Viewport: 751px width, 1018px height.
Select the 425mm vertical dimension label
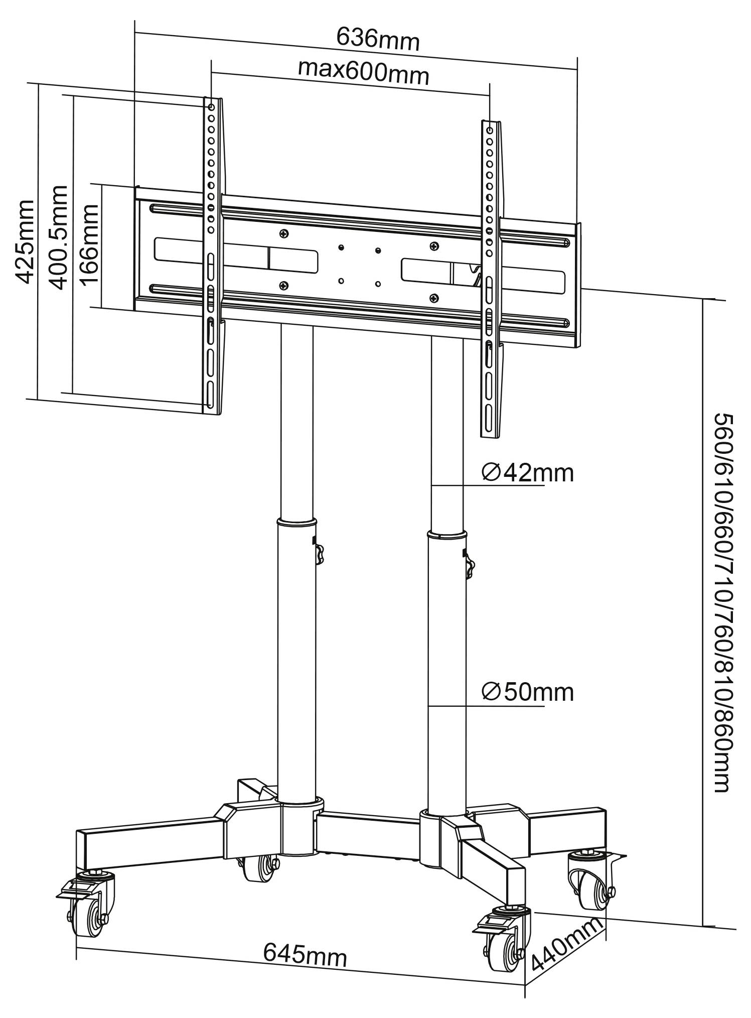pos(25,241)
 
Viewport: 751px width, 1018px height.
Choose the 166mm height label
pos(91,244)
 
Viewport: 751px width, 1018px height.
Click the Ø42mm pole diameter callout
pos(527,473)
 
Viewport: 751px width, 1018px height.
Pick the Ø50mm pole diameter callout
pos(527,692)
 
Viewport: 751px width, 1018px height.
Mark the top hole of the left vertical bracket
pos(211,107)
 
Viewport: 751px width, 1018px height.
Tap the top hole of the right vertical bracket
pos(490,130)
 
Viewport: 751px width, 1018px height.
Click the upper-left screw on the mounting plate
pos(285,233)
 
